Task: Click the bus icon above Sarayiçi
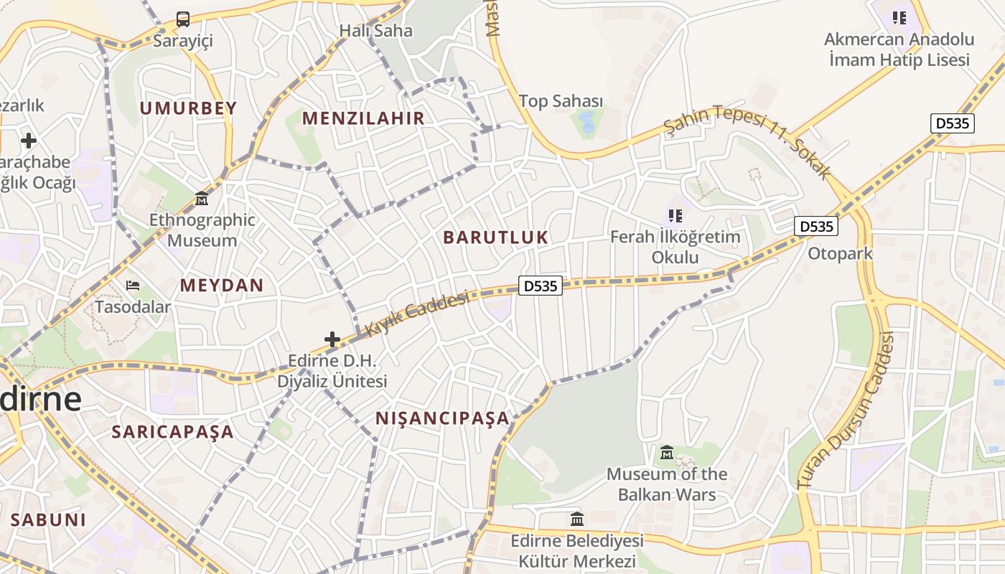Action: [x=183, y=19]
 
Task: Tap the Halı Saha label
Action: [x=376, y=31]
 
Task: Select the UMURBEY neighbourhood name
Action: [x=188, y=108]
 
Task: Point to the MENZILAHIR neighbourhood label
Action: [x=363, y=118]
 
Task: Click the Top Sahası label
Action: [x=561, y=101]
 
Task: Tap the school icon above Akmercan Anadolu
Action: [x=899, y=17]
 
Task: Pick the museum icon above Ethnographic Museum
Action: [x=201, y=198]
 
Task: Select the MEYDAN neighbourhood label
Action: [x=222, y=285]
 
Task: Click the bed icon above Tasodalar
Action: [x=133, y=286]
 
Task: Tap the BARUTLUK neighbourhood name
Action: [x=495, y=237]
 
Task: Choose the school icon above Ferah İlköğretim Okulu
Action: [x=675, y=215]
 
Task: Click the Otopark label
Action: [x=840, y=253]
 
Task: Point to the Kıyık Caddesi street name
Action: [x=417, y=314]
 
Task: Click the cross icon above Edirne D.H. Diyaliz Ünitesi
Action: [x=332, y=339]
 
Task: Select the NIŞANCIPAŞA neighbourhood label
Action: [x=442, y=418]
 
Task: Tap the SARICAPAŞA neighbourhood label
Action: [x=172, y=432]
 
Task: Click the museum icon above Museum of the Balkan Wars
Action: [x=667, y=453]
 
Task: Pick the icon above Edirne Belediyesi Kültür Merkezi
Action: [x=576, y=519]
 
